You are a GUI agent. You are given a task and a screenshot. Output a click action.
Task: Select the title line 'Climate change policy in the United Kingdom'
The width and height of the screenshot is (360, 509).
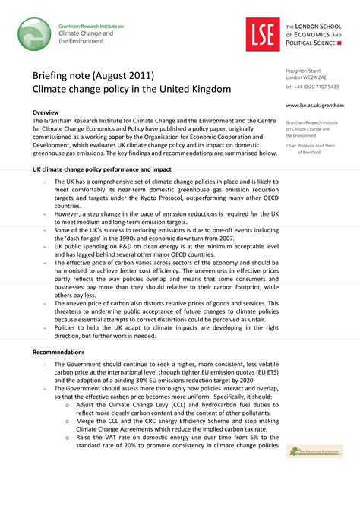pyautogui.click(x=131, y=90)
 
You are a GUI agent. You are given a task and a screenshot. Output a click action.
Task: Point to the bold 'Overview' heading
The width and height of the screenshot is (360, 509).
pyautogui.click(x=49, y=112)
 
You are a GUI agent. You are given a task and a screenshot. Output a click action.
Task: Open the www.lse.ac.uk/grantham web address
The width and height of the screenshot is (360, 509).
pyautogui.click(x=314, y=106)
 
